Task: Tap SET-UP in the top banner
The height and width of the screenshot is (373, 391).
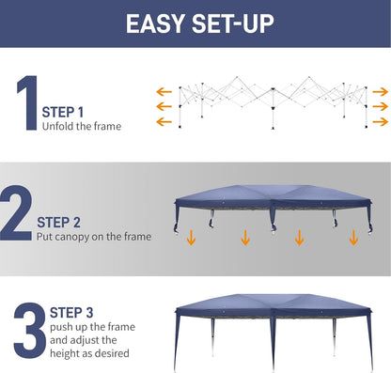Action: click(x=231, y=23)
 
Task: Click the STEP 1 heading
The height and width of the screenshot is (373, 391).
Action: click(x=64, y=112)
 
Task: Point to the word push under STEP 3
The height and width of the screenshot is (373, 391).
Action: click(x=55, y=326)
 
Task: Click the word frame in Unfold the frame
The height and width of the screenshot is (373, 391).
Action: click(x=106, y=126)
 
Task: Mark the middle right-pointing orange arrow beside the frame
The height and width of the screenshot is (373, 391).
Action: click(x=380, y=107)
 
